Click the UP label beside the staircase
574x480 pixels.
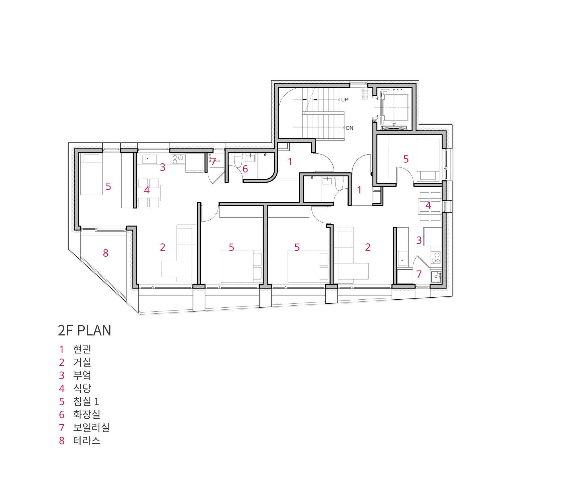(x=344, y=99)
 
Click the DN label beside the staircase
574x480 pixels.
(x=349, y=128)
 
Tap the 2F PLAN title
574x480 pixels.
(x=84, y=330)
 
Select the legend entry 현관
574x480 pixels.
(x=82, y=349)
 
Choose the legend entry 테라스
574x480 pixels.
(x=87, y=440)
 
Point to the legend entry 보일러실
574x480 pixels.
(x=91, y=427)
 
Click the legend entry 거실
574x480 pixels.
(x=82, y=362)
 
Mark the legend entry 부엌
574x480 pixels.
(x=82, y=375)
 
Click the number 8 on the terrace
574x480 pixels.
(x=106, y=253)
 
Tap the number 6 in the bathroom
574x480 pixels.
(x=245, y=169)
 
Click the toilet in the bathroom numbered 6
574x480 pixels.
(x=238, y=161)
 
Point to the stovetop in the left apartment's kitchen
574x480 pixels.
(x=178, y=159)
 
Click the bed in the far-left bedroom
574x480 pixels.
(x=91, y=174)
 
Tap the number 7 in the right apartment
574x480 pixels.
(x=419, y=274)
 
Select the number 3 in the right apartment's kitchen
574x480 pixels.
(x=419, y=240)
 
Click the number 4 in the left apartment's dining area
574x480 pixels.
(x=147, y=190)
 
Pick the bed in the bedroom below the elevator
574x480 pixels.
(x=428, y=160)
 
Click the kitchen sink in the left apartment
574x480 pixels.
(x=150, y=159)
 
